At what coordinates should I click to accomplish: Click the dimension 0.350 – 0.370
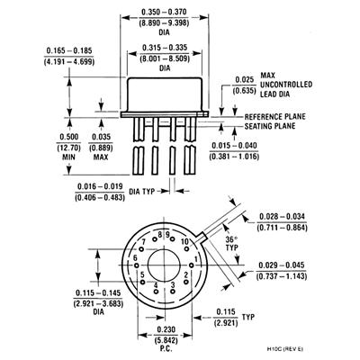(164, 12)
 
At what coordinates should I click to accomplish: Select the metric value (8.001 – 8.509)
(165, 58)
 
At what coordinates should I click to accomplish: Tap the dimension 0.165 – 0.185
(69, 50)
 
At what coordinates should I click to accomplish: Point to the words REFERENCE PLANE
(275, 117)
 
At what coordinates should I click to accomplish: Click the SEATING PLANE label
(270, 126)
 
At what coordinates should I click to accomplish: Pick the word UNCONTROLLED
(286, 85)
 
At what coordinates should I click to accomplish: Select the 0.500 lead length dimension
(69, 137)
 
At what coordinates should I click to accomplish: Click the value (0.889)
(101, 148)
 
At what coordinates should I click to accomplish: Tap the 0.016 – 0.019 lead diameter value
(100, 186)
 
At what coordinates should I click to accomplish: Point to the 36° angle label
(231, 240)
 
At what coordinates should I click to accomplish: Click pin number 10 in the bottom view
(184, 242)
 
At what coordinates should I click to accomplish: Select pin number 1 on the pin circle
(196, 259)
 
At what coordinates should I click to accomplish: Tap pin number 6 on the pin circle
(135, 257)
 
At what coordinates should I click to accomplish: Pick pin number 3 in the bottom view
(173, 284)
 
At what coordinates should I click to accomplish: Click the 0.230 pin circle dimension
(166, 329)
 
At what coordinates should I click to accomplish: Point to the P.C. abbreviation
(166, 350)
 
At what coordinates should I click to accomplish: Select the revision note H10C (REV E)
(285, 349)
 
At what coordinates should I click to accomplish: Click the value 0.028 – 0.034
(282, 217)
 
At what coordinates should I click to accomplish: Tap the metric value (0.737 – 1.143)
(282, 276)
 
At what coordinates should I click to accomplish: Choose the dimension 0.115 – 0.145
(98, 292)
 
